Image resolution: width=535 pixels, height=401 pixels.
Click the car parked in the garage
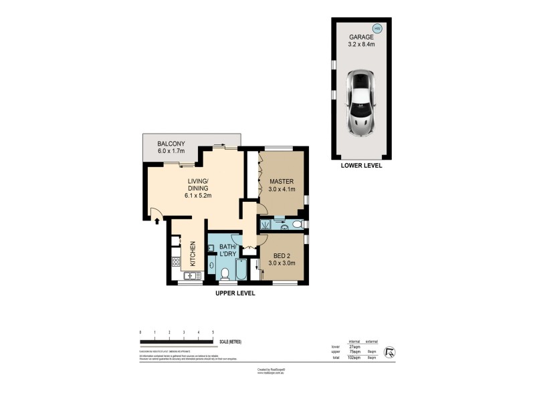[362, 104]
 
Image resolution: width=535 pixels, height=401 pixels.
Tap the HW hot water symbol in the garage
[377, 29]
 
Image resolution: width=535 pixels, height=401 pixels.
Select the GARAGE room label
[361, 38]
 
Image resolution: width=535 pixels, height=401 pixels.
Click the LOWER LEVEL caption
[361, 165]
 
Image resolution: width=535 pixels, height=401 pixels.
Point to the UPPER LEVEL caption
[235, 293]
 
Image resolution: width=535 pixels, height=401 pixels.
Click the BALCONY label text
[171, 144]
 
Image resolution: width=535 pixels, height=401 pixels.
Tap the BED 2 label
[282, 255]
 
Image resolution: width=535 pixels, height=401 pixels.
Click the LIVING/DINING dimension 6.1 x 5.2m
[198, 196]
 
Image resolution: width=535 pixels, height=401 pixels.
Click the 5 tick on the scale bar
[213, 332]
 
